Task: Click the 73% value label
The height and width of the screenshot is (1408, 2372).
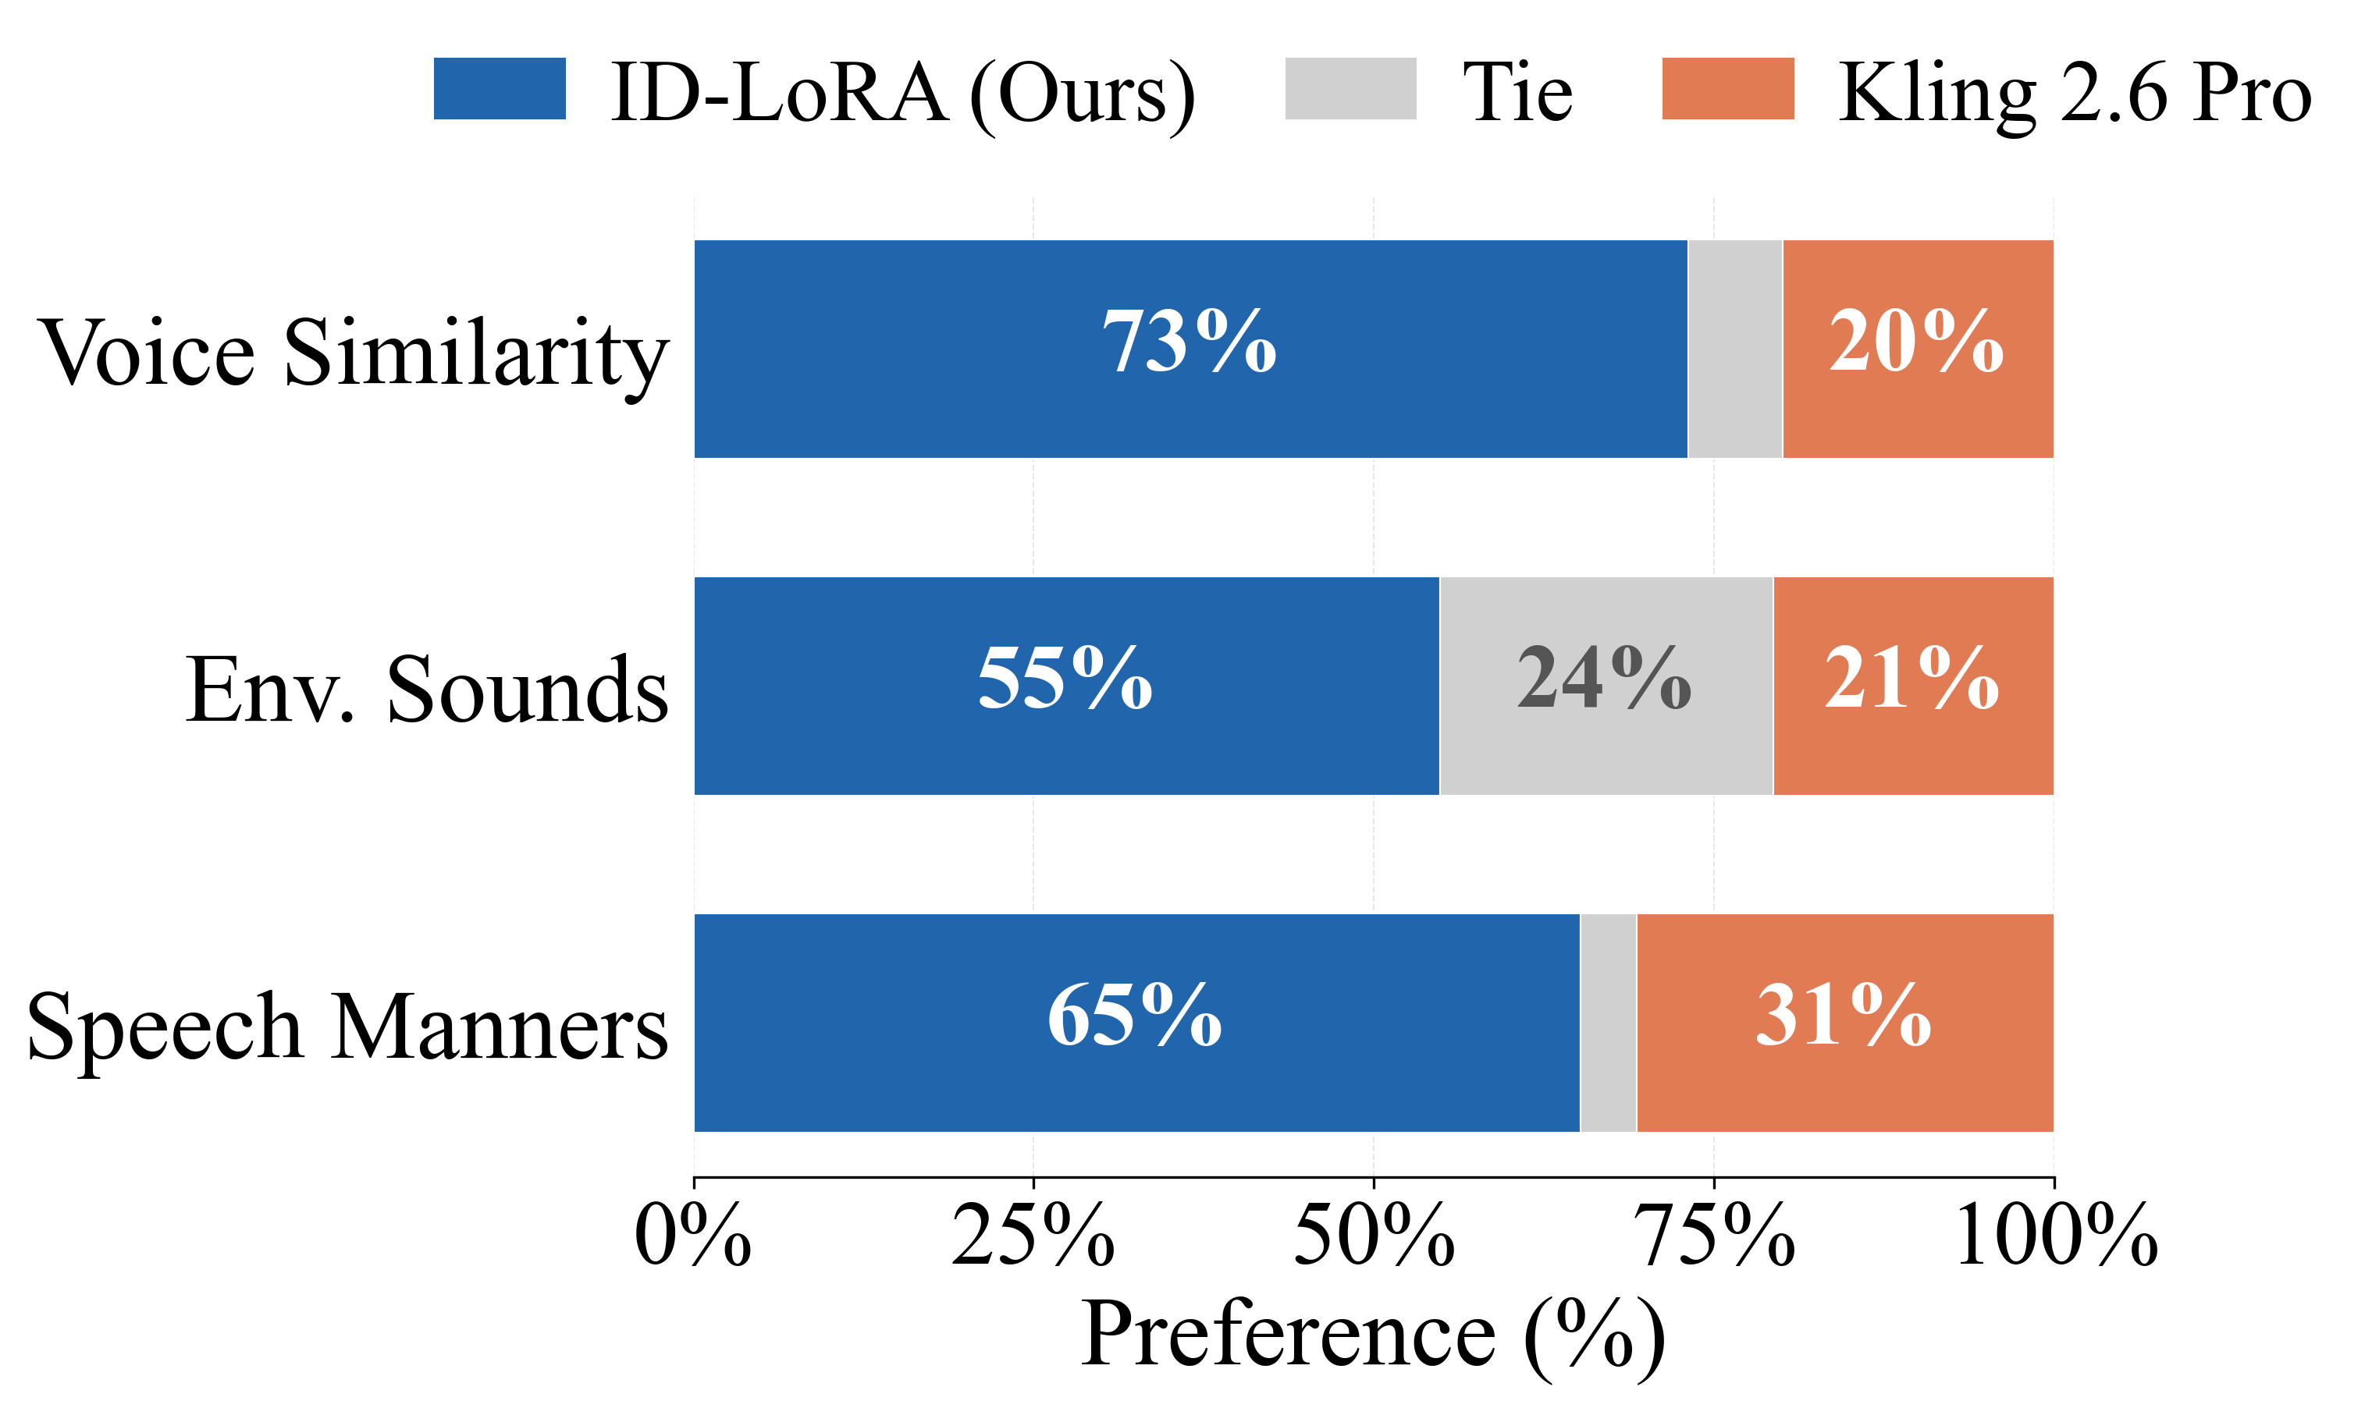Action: (1189, 342)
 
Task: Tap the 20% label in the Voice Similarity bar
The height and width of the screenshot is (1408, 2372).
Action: (1915, 342)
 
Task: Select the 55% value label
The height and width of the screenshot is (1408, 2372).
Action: (1065, 679)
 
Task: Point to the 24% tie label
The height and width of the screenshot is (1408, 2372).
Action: (1604, 679)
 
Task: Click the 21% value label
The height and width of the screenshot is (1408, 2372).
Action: (1911, 679)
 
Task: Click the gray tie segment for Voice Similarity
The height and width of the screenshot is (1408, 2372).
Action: (1734, 349)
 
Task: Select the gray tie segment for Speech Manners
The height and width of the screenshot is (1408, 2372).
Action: (1607, 1023)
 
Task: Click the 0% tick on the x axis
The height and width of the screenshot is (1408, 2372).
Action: (693, 1236)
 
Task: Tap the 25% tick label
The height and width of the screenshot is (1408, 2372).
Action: (1033, 1236)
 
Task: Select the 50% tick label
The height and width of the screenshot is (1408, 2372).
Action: (1374, 1236)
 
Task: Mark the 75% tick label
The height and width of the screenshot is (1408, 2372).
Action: (1714, 1236)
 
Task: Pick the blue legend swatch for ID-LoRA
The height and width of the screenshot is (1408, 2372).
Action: (500, 89)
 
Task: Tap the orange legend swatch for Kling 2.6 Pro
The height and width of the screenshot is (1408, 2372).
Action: (1727, 89)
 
